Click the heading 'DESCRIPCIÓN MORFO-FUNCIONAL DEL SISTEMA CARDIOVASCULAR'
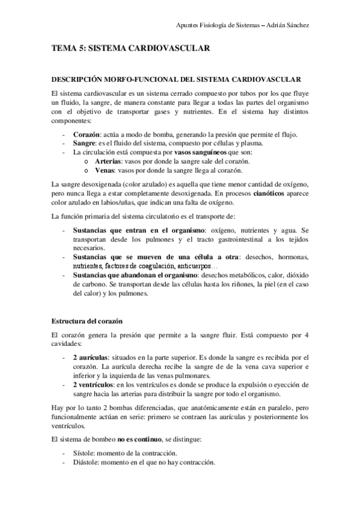176,80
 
